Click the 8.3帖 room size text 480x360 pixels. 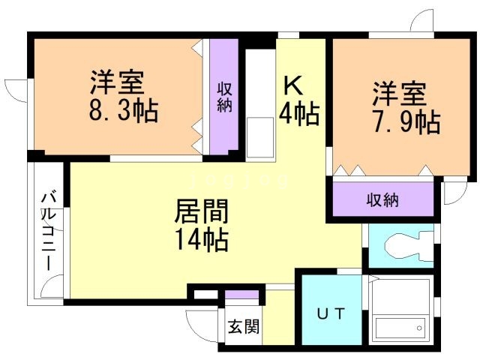pyautogui.click(x=124, y=110)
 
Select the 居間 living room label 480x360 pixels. pyautogui.click(x=202, y=211)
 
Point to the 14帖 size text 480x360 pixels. pyautogui.click(x=202, y=240)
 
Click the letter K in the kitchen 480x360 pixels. pyautogui.click(x=293, y=86)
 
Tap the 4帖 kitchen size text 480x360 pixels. pyautogui.click(x=299, y=112)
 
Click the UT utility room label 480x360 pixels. pyautogui.click(x=331, y=313)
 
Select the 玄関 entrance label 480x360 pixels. pyautogui.click(x=244, y=326)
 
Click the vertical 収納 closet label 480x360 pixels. pyautogui.click(x=224, y=97)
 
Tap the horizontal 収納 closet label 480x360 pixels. pyautogui.click(x=382, y=200)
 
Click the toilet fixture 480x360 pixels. pyautogui.click(x=408, y=247)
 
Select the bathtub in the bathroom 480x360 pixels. pyautogui.click(x=400, y=328)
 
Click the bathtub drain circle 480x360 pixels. pyautogui.click(x=419, y=328)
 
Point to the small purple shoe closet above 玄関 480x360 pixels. pyautogui.click(x=241, y=295)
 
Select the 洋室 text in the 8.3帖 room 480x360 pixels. pyautogui.click(x=117, y=82)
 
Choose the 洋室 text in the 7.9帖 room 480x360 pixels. pyautogui.click(x=399, y=94)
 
